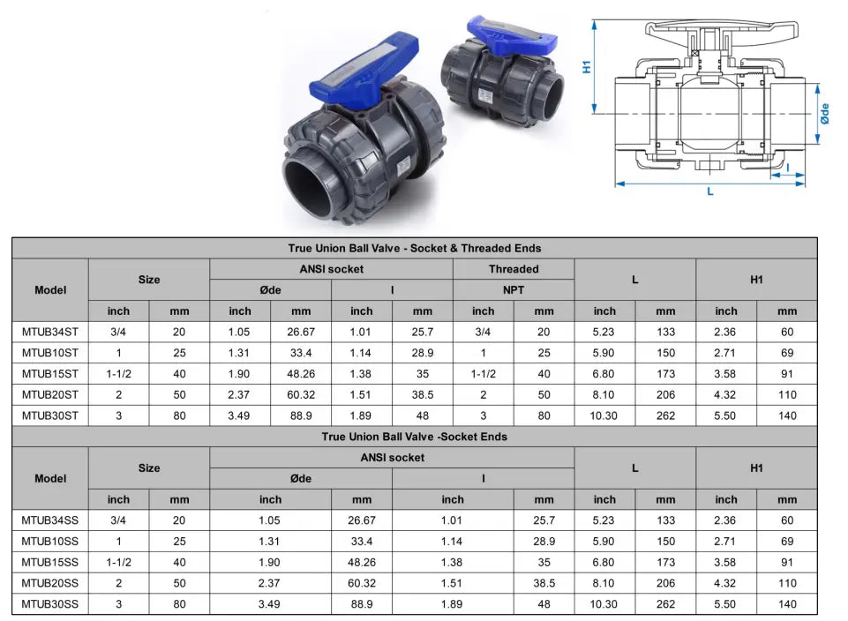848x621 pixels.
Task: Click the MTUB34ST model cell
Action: tap(50, 332)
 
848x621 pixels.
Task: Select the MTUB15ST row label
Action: tap(50, 374)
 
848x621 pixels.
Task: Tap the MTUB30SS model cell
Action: tap(50, 604)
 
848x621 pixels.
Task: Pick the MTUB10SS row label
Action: tap(50, 541)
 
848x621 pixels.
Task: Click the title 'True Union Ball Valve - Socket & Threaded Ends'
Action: tap(415, 248)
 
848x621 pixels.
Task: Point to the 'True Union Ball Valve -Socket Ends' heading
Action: tap(415, 437)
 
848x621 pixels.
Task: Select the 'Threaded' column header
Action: tap(514, 269)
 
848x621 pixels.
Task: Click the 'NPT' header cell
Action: tap(514, 289)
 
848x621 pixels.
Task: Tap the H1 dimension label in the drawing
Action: tap(587, 66)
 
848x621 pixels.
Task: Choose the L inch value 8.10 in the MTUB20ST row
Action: tap(604, 395)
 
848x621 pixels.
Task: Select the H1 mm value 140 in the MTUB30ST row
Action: tap(787, 416)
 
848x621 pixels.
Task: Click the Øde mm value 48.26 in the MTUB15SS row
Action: tap(362, 562)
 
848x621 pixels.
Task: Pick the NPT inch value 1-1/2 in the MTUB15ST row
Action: tap(483, 374)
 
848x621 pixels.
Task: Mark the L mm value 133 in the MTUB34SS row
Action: tap(665, 520)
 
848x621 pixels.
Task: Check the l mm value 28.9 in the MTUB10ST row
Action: tap(423, 353)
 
